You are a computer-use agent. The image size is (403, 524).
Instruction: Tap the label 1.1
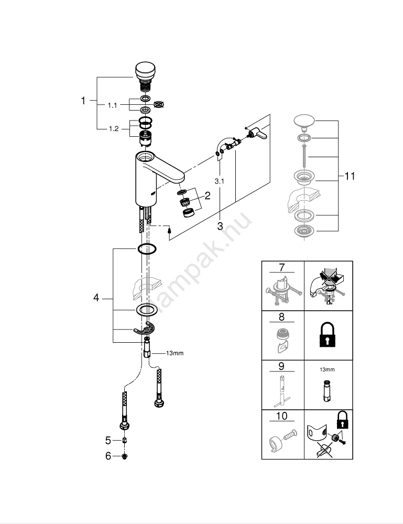(x=113, y=105)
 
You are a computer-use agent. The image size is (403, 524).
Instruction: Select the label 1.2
(x=114, y=128)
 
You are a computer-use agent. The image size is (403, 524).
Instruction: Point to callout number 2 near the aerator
(x=208, y=196)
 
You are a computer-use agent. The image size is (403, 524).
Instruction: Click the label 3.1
(x=220, y=181)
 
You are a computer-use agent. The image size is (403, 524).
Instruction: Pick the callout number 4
(x=96, y=298)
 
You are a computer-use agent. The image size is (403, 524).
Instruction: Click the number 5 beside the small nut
(x=108, y=441)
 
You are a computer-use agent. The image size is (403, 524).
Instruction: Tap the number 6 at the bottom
(x=108, y=456)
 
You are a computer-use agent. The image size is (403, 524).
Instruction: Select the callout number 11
(x=350, y=176)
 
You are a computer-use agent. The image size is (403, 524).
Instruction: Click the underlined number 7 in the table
(x=282, y=267)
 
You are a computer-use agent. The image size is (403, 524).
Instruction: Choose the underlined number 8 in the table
(x=282, y=316)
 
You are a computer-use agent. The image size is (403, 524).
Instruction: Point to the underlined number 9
(x=282, y=366)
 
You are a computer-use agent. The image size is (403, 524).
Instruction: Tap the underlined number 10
(x=282, y=416)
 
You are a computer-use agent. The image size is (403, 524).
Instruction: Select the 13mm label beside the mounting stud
(x=175, y=353)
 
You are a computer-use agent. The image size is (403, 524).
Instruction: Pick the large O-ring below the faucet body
(x=147, y=248)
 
